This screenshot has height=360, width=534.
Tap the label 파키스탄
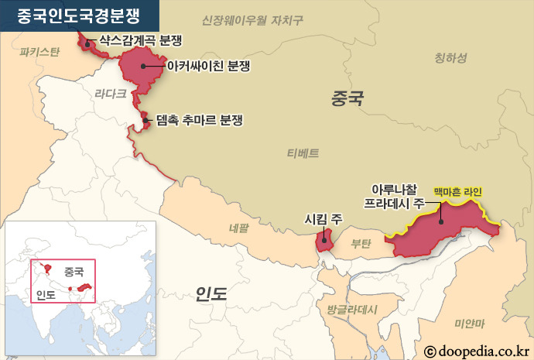pos(39,53)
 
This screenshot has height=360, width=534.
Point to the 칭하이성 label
pos(450,57)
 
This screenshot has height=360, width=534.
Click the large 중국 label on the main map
pos(346,98)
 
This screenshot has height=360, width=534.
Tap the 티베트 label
pos(303,153)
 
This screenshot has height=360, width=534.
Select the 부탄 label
pos(361,243)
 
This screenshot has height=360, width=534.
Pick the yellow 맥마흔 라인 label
pos(457,190)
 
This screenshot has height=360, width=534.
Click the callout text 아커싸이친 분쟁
pos(204,67)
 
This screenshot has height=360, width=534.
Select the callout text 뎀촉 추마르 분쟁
pos(199,121)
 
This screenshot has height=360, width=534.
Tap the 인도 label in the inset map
pos(46,293)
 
